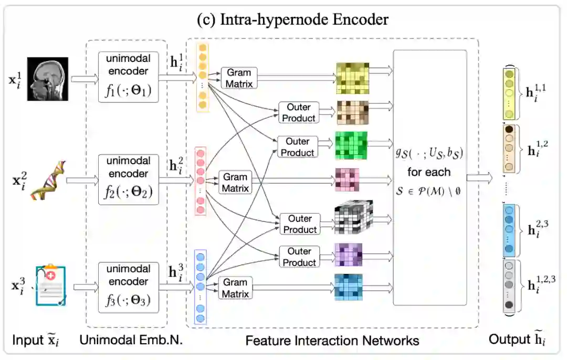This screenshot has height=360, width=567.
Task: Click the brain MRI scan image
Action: click(48, 79)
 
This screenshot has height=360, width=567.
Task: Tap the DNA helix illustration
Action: click(48, 181)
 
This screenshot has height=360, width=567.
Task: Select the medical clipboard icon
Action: click(51, 285)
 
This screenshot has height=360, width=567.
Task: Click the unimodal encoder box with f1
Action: click(129, 77)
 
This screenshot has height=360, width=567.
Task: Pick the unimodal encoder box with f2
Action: click(129, 179)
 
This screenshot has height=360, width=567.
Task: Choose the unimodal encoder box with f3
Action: click(129, 288)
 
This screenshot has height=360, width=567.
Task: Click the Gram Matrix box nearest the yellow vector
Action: click(239, 78)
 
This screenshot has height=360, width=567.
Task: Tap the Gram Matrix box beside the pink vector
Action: click(235, 183)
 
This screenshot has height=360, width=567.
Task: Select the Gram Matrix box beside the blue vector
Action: click(235, 288)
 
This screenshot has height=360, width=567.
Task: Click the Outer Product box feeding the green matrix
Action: click(298, 147)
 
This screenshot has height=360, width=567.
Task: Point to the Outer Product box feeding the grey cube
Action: click(300, 224)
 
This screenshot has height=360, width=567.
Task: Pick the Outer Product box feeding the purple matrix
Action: click(299, 257)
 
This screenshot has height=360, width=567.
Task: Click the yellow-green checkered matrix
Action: click(353, 78)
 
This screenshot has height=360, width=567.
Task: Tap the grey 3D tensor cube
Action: click(353, 217)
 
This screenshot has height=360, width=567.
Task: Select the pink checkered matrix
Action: click(347, 179)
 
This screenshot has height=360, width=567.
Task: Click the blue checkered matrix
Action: click(348, 287)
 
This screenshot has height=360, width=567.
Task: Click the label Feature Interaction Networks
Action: click(332, 341)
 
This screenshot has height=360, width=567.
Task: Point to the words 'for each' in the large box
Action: click(429, 172)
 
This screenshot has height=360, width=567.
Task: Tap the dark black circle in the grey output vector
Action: click(509, 305)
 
